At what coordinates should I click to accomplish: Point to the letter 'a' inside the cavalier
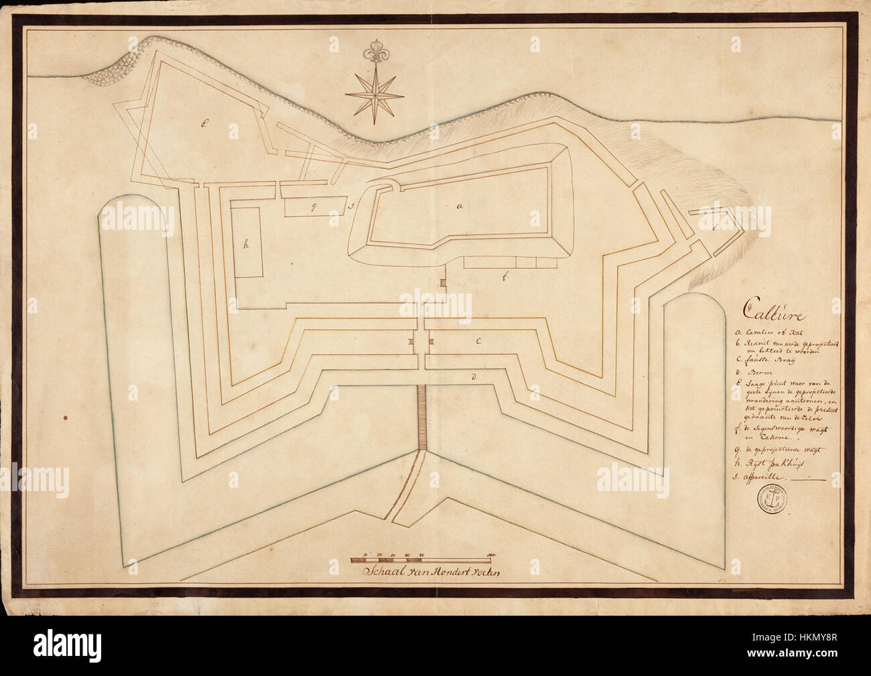point(460,208)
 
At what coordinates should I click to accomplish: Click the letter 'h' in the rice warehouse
point(247,245)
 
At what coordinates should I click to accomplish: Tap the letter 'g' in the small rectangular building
point(312,207)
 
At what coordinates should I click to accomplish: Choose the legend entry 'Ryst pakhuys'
point(771,462)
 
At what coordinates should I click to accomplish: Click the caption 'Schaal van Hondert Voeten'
point(425,572)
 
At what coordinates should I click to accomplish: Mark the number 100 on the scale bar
point(491,555)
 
